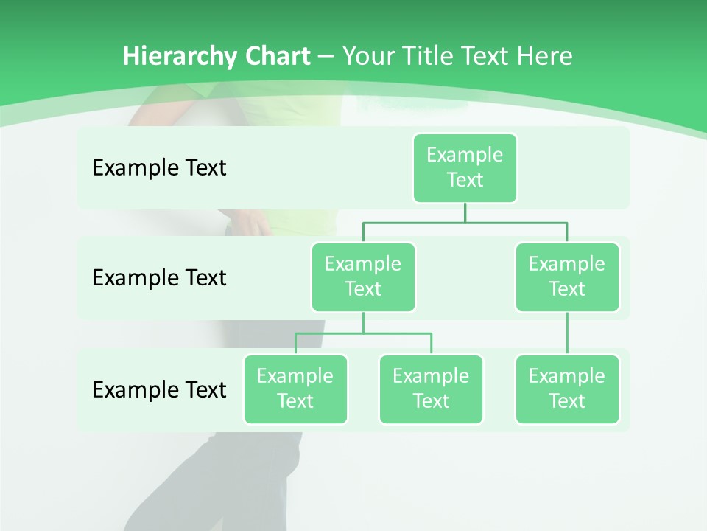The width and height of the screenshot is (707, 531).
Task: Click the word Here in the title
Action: click(x=545, y=56)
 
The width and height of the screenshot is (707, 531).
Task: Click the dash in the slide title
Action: click(x=327, y=56)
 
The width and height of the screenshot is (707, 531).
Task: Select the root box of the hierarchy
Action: click(x=465, y=167)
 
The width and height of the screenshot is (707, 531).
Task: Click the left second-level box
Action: click(x=363, y=277)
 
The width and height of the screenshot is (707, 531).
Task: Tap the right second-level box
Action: click(x=567, y=277)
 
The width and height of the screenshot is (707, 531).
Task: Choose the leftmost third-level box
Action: click(x=295, y=389)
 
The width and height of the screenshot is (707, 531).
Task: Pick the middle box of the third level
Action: click(x=431, y=389)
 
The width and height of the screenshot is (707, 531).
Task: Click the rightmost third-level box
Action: click(x=567, y=389)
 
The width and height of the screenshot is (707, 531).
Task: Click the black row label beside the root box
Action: click(x=159, y=167)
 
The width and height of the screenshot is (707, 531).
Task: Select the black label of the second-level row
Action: click(x=159, y=277)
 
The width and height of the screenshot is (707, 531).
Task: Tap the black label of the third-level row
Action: click(x=159, y=389)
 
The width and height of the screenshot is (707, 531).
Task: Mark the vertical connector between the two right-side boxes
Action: click(x=567, y=333)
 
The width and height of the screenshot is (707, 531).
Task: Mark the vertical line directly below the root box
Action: click(x=465, y=212)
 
